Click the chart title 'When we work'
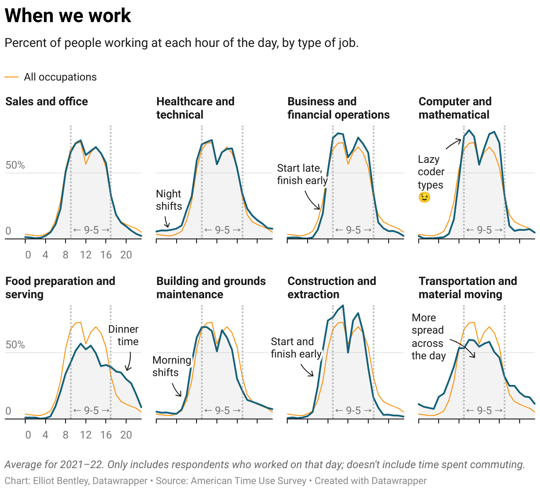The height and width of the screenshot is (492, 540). [68, 16]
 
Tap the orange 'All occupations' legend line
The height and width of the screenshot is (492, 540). [12, 77]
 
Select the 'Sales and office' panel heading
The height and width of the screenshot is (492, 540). [46, 101]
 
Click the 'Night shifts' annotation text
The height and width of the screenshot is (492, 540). [169, 200]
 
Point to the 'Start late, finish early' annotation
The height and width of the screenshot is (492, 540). [302, 174]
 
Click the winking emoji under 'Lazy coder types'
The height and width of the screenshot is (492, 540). [424, 197]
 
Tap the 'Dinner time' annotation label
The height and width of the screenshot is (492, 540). [123, 335]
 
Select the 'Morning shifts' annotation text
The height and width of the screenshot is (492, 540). [172, 366]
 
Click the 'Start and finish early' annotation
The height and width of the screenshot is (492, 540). [296, 348]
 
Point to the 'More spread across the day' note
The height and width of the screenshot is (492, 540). [428, 337]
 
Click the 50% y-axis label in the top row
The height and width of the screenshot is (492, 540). [15, 165]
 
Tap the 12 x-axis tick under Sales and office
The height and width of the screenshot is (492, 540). [85, 255]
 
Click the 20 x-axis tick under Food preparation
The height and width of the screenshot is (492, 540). [126, 435]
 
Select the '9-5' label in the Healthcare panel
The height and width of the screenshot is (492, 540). [222, 230]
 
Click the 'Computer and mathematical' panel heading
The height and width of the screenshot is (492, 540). [455, 108]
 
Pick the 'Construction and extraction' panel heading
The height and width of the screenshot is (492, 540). [332, 288]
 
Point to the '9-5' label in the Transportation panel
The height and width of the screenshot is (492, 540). [484, 411]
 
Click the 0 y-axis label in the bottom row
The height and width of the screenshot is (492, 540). [8, 411]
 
